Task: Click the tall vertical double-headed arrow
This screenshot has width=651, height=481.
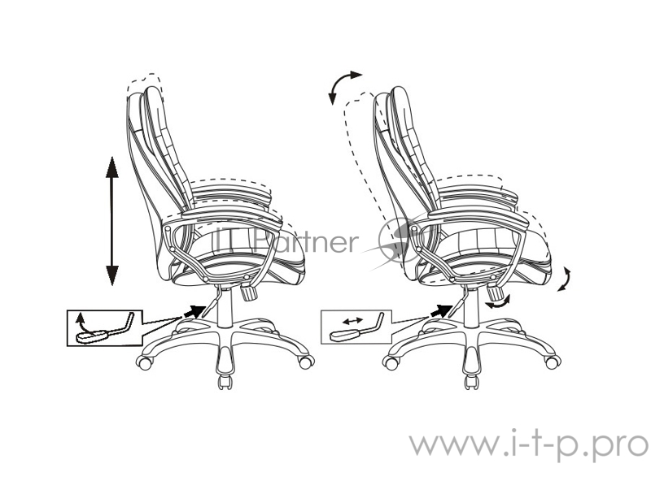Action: (x=111, y=220)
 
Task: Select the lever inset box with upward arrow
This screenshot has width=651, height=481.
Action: (x=102, y=327)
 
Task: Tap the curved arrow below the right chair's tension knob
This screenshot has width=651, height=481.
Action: (x=496, y=301)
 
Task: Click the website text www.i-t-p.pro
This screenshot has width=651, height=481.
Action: (x=528, y=444)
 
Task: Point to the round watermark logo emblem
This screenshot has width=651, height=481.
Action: (x=399, y=240)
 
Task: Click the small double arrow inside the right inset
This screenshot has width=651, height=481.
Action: (x=352, y=322)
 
